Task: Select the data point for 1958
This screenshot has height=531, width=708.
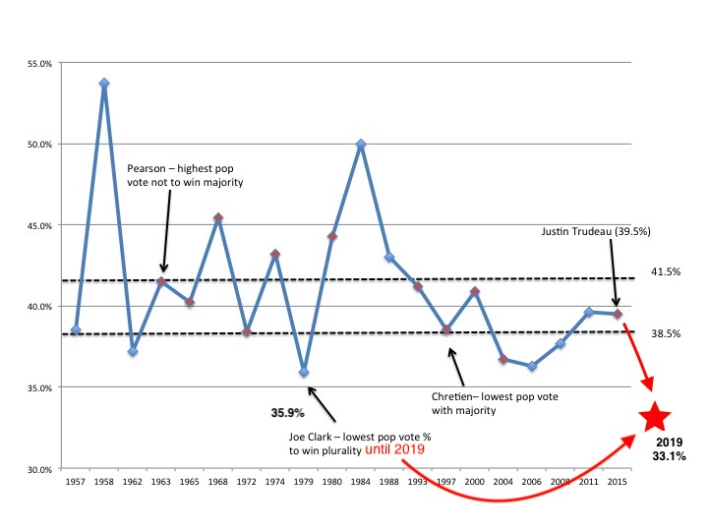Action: (x=104, y=84)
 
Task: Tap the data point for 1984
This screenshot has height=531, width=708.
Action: (x=361, y=145)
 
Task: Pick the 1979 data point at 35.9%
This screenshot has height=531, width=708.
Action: (x=304, y=373)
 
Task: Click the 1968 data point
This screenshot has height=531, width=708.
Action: (x=218, y=218)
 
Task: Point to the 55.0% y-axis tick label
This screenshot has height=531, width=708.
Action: (x=39, y=63)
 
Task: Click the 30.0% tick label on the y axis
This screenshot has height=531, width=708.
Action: (x=39, y=469)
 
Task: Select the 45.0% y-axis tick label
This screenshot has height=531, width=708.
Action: (x=39, y=225)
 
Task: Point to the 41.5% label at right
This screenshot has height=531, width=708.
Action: (x=666, y=272)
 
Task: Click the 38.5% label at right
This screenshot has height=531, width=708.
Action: (x=666, y=333)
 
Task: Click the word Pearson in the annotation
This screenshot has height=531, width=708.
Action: (x=149, y=167)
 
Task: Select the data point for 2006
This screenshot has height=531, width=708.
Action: (x=532, y=366)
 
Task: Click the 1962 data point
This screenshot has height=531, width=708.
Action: (x=133, y=351)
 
